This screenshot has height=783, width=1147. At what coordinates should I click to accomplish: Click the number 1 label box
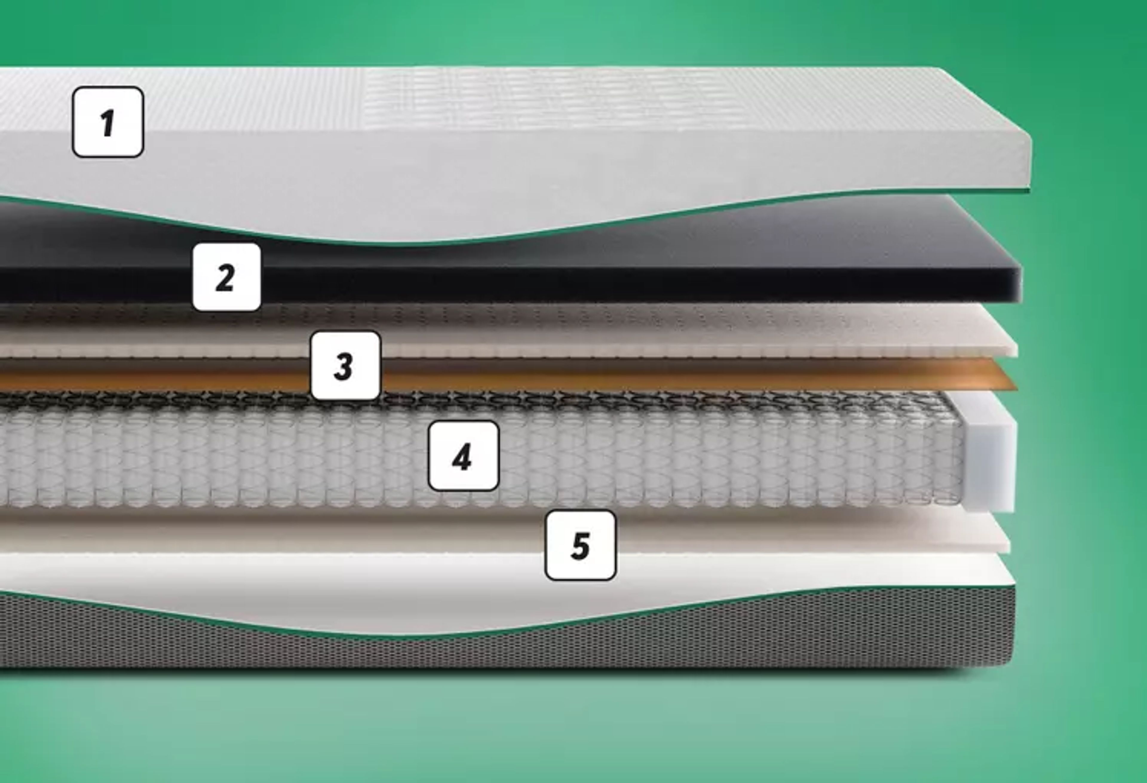coord(108,122)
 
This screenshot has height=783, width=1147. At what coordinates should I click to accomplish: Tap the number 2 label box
coord(226,277)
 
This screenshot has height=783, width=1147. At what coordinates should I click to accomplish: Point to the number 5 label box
coord(580,545)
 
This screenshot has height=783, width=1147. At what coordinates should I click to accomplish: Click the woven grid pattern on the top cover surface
coord(543,99)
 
